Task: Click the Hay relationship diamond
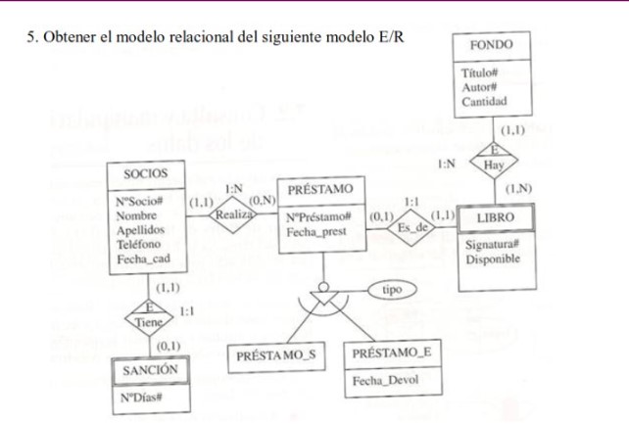click(x=495, y=165)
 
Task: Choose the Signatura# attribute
click(x=494, y=246)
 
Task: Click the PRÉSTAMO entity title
click(x=320, y=188)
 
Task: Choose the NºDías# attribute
click(x=144, y=399)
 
